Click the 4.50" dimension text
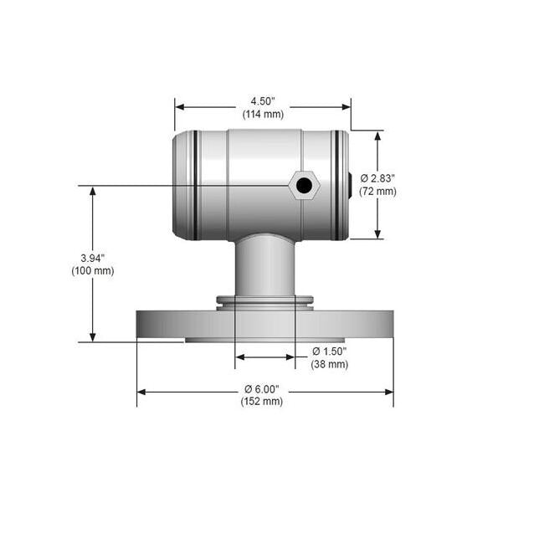263,100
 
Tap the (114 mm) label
263,113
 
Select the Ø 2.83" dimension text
377,178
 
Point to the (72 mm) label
377,191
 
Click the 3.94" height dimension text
93,258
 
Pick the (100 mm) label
93,270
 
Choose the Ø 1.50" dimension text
329,351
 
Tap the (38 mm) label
329,364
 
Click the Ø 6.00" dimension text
262,389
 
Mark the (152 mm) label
262,402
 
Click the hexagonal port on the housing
304,185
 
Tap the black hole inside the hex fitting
304,185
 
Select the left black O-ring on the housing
195,185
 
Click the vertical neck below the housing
264,266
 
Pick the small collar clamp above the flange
264,300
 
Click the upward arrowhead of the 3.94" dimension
93,192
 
